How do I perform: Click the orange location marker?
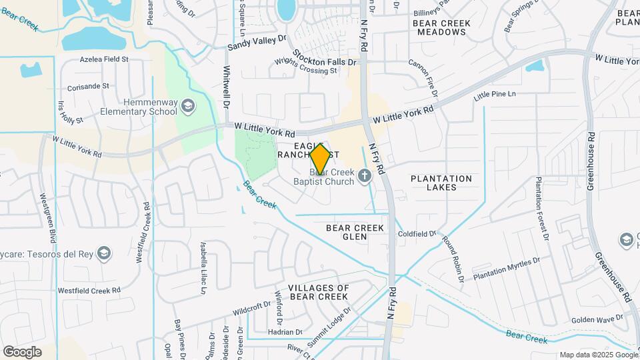pos(320,159)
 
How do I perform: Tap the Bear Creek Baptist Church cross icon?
pos(364,175)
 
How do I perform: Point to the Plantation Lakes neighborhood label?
pos(441,183)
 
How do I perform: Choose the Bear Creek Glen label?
pos(355,232)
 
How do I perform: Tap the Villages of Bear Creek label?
pos(319,292)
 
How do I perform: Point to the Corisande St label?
pos(88,87)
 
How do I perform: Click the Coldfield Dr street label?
pos(417,234)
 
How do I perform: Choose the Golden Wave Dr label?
pos(597,319)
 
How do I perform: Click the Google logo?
pos(22,351)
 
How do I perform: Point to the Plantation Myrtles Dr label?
pos(503,268)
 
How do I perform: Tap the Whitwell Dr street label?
pos(227,87)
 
